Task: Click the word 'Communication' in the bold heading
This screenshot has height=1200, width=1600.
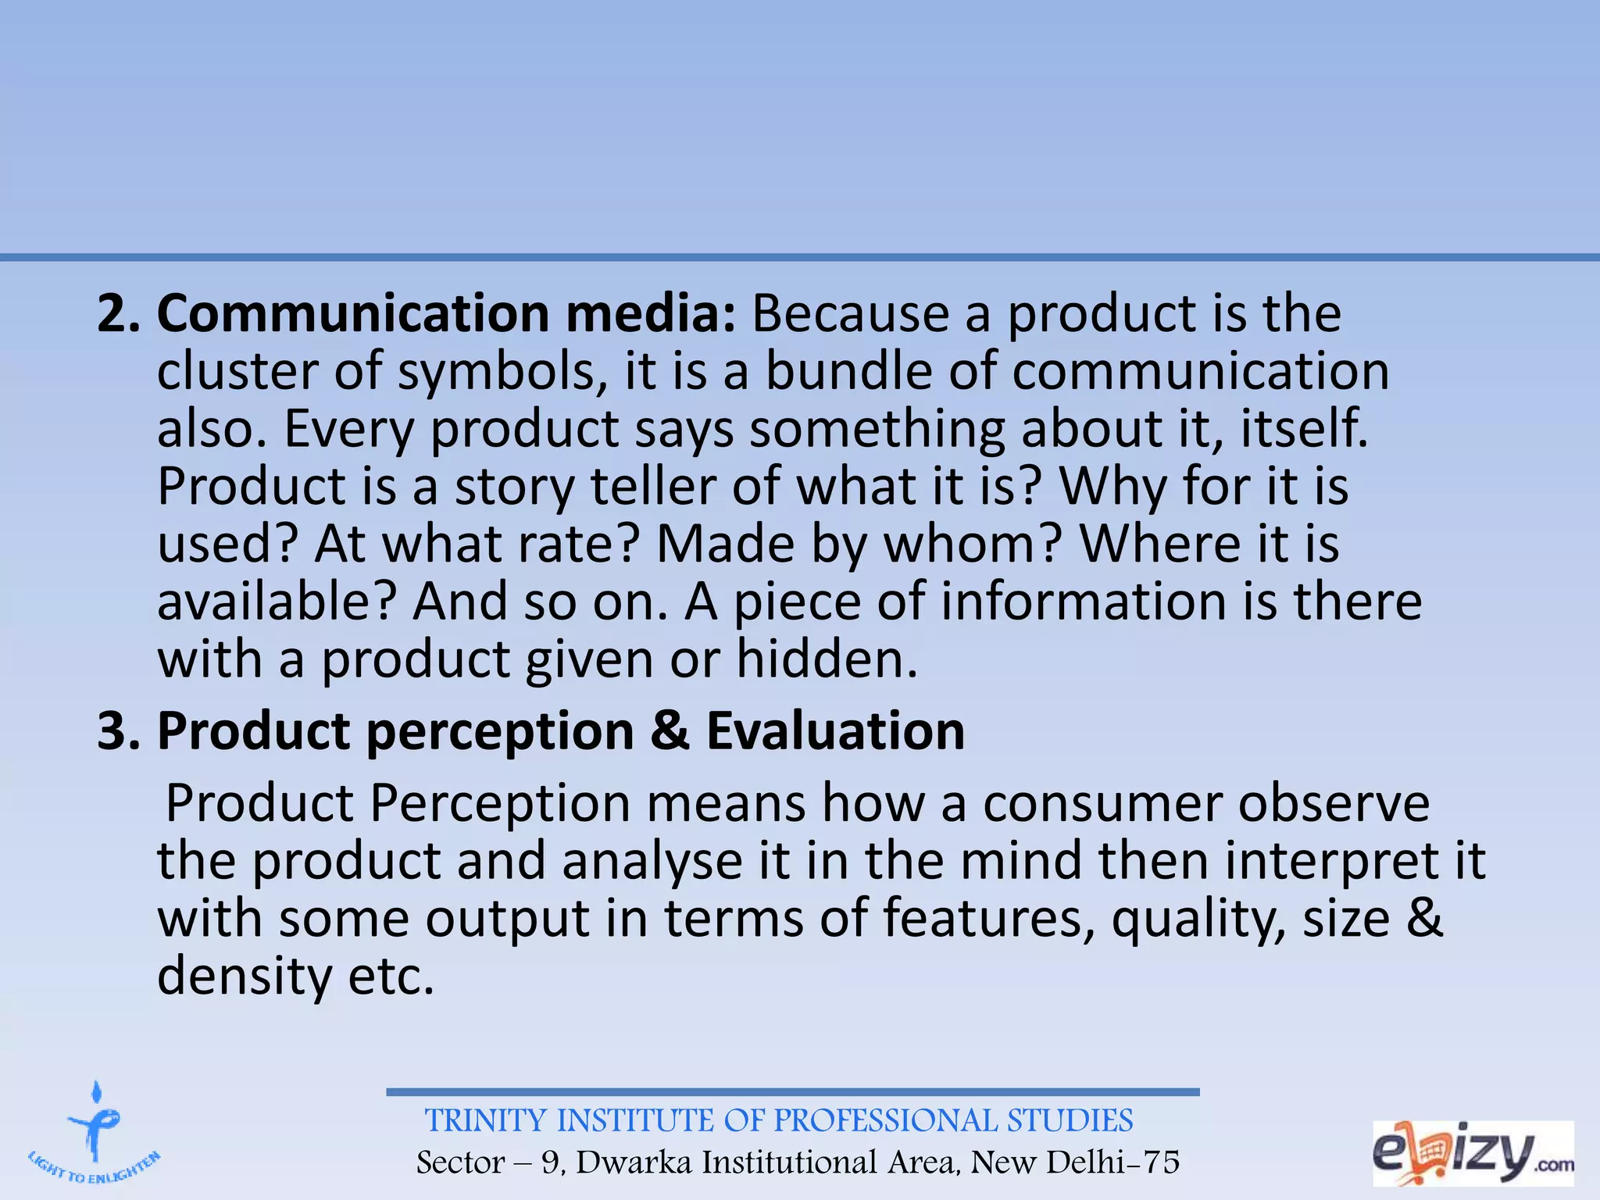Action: click(352, 313)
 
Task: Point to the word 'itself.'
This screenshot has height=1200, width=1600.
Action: click(1305, 429)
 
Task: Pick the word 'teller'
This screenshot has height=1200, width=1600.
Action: click(652, 487)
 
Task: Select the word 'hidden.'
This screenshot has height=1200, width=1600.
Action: click(827, 660)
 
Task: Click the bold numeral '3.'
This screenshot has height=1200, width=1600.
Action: click(118, 732)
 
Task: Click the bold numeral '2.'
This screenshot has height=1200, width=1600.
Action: click(118, 313)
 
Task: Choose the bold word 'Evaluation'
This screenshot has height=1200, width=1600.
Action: click(835, 732)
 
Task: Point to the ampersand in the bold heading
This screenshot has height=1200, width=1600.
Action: click(670, 732)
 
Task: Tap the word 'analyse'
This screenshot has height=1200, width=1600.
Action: click(652, 862)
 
